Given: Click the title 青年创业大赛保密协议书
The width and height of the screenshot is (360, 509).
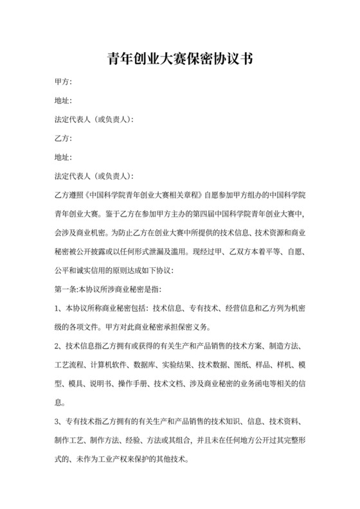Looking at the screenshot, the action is [x=179, y=60].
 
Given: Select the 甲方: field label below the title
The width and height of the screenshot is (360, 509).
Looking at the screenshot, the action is [x=63, y=82].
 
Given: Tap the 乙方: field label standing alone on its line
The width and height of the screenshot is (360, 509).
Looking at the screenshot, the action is [x=63, y=138].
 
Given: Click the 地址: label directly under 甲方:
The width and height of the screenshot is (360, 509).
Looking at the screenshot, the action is [x=63, y=100].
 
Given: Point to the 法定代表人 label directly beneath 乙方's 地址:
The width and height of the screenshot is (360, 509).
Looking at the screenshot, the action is [x=75, y=175].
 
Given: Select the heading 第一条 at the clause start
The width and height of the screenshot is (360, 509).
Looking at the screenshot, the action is [x=67, y=289].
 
